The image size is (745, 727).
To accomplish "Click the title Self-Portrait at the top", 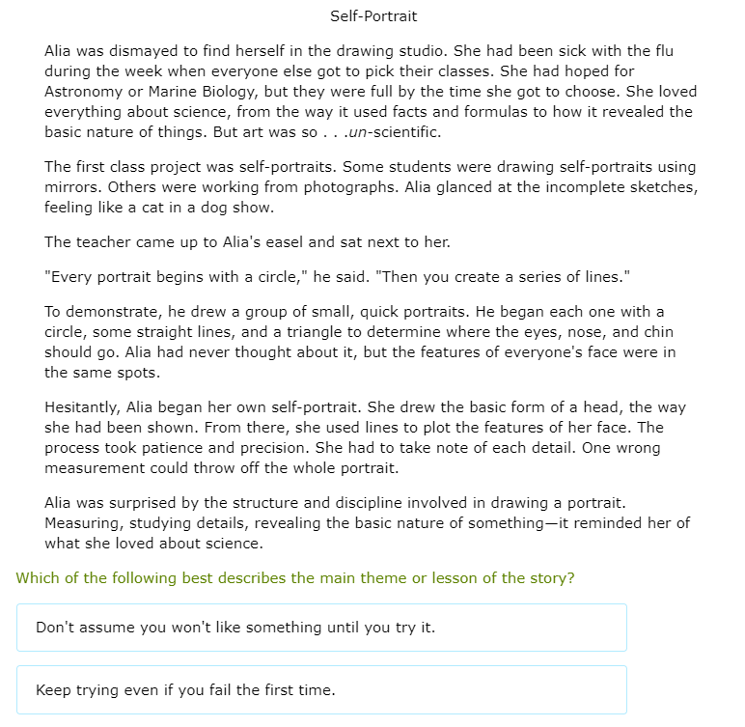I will pyautogui.click(x=373, y=16).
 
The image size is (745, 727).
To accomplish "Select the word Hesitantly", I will pyautogui.click(x=84, y=407).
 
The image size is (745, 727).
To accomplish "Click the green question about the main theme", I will pyautogui.click(x=295, y=577).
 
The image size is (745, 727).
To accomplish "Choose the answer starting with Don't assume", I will pyautogui.click(x=235, y=628).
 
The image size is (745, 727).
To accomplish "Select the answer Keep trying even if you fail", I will pyautogui.click(x=185, y=689).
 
